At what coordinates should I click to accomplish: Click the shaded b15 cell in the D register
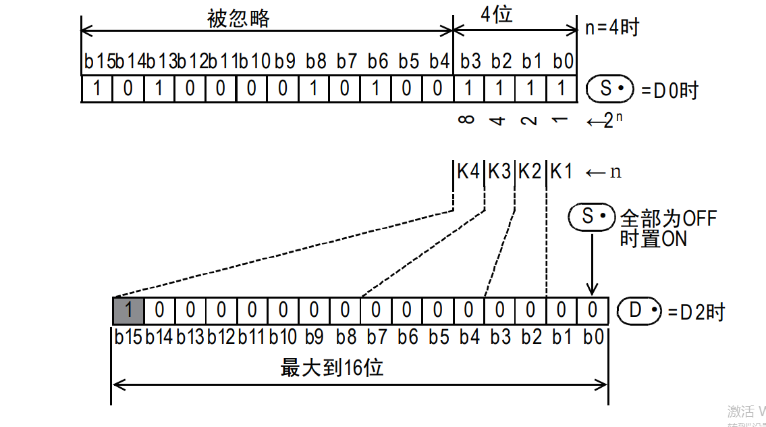(128, 311)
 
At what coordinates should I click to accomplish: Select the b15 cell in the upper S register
(97, 89)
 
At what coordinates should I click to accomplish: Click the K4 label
(468, 172)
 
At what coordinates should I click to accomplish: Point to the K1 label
(561, 172)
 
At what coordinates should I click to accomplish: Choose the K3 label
(499, 172)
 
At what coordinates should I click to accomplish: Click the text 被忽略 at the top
(238, 18)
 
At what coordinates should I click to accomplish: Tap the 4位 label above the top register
(497, 15)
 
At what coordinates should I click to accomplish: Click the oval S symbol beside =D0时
(610, 89)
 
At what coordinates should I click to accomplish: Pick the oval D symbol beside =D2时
(640, 311)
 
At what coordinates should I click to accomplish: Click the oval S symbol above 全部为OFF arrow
(591, 217)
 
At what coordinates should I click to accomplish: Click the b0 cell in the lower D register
(593, 311)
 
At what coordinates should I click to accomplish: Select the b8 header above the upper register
(315, 61)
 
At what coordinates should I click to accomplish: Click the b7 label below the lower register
(377, 336)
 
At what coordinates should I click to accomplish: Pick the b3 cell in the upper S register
(469, 89)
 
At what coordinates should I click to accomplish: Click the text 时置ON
(653, 238)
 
